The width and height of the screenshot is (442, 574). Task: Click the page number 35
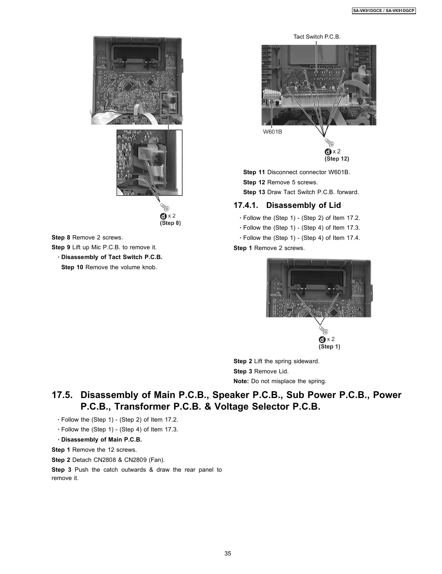[228, 553]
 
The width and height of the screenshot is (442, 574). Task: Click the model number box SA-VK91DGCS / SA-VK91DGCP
[384, 11]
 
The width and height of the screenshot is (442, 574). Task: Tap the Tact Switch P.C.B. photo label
[317, 37]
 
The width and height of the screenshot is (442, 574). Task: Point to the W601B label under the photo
[272, 132]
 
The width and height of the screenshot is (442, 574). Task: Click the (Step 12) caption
[336, 159]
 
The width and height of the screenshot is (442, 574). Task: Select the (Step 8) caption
[170, 223]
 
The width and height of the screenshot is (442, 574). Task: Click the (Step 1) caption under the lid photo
[329, 347]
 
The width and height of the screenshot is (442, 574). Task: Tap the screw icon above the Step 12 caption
[329, 143]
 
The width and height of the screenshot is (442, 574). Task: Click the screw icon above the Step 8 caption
[165, 207]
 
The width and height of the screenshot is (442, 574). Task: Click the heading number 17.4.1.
[246, 205]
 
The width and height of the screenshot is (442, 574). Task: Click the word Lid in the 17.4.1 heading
[335, 205]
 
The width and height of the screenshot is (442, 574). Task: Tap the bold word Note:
[241, 381]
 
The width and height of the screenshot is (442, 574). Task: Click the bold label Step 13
[254, 192]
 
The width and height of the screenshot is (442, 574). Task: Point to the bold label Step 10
[72, 267]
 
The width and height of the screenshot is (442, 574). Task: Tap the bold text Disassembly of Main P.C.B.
[102, 439]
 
